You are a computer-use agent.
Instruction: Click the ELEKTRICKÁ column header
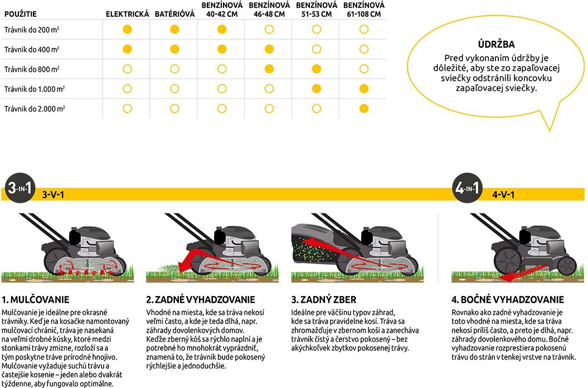128,14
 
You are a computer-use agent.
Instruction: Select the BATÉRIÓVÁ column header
174,14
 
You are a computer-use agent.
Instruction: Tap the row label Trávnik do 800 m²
31,69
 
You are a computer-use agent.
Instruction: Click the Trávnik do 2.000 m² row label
34,108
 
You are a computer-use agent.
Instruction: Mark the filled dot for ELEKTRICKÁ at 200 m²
127,29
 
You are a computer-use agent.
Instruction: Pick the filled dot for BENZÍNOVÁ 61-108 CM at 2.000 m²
364,108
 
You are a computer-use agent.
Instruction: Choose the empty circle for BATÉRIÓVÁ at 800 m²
174,69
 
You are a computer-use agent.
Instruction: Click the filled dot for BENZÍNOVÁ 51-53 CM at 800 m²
317,69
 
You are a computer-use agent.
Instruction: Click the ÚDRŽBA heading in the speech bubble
496,45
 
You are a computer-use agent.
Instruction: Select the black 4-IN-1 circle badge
466,190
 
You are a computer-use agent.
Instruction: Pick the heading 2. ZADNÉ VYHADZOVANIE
201,300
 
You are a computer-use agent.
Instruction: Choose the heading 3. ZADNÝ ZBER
324,300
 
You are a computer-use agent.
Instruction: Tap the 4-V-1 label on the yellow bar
503,195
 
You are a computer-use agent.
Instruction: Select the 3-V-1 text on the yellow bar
53,195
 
